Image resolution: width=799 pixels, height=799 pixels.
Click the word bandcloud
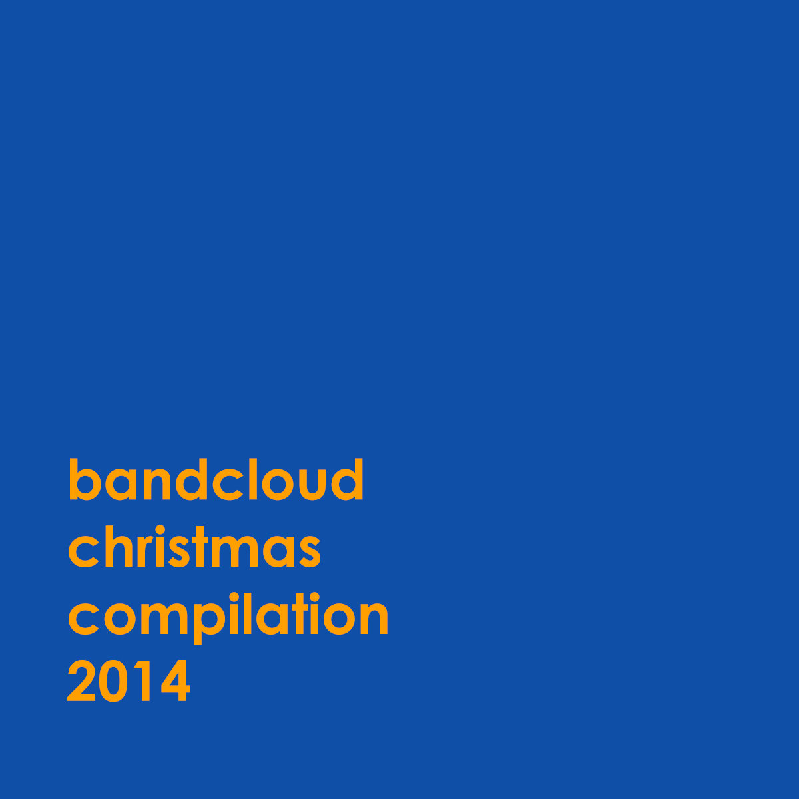[216, 479]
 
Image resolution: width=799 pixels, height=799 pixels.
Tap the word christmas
[194, 547]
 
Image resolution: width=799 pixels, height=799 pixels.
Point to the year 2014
[129, 681]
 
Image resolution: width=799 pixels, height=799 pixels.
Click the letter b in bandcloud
[85, 479]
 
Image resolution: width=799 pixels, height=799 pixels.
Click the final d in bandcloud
[347, 479]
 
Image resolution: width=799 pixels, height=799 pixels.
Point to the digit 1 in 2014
[142, 681]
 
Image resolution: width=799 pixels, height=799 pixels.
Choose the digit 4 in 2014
[175, 681]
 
